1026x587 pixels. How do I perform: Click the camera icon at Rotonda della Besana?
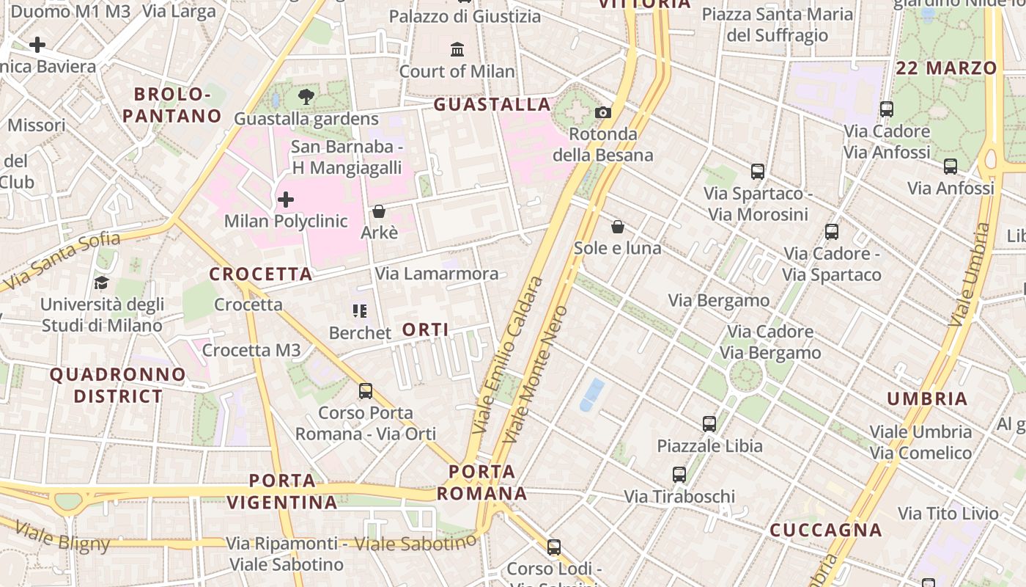[x=603, y=112]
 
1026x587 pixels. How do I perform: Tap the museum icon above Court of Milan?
[x=458, y=49]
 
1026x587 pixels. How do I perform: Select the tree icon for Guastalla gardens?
[x=306, y=96]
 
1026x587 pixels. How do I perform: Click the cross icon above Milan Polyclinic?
[x=286, y=199]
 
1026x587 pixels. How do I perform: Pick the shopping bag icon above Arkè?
[x=379, y=211]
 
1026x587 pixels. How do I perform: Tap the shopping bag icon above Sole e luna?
[x=618, y=227]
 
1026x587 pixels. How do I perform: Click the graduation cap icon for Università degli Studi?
[x=101, y=282]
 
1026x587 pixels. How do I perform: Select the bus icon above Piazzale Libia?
[x=709, y=423]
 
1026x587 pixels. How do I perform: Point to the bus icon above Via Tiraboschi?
[x=679, y=475]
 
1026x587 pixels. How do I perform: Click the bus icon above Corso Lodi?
[x=554, y=547]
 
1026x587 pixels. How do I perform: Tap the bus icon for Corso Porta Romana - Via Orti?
[x=366, y=391]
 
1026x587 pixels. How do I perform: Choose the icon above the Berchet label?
[x=359, y=311]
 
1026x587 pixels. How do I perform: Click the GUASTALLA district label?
[x=492, y=104]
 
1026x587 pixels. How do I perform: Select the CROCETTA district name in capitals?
[x=261, y=274]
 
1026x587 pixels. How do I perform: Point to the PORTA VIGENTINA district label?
[x=282, y=492]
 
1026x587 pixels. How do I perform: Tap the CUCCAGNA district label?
[x=825, y=530]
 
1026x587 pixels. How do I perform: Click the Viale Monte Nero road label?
[x=536, y=374]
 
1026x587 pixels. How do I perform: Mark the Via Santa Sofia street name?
[x=62, y=260]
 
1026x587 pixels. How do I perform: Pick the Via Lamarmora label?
[x=437, y=274]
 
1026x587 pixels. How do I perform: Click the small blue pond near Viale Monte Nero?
[x=592, y=395]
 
